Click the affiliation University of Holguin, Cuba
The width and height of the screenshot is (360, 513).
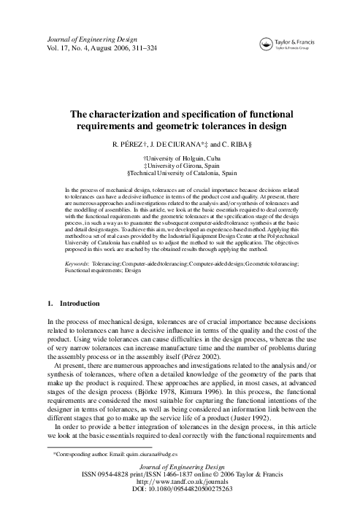180,158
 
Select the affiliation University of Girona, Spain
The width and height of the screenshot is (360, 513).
180,166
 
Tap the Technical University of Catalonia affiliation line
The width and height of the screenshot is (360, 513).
180,174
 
